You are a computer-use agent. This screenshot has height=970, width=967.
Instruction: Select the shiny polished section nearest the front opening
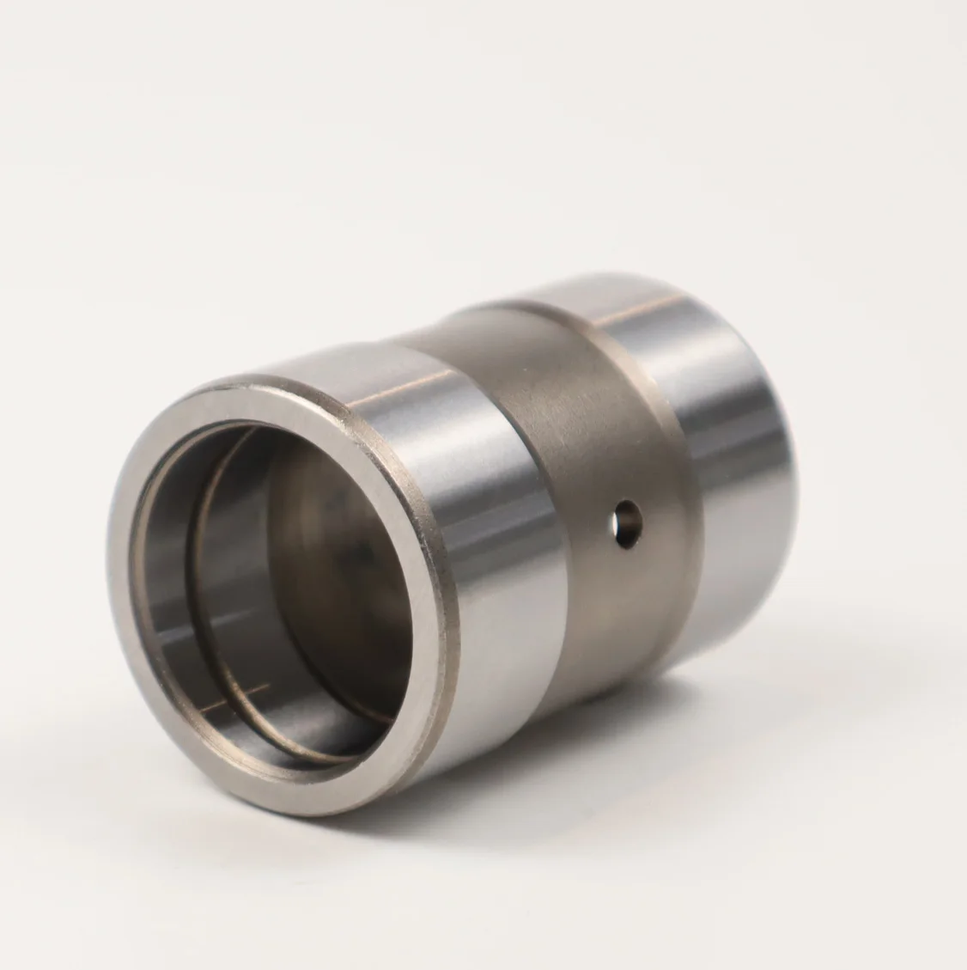481,550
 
